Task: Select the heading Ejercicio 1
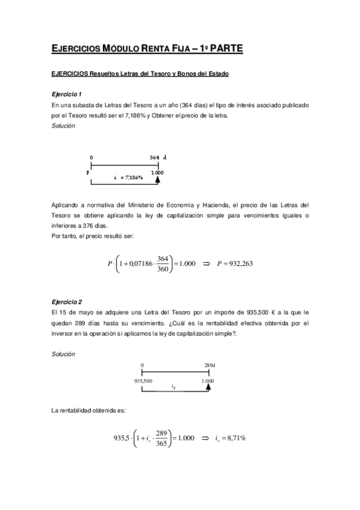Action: tap(66, 94)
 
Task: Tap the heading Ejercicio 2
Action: tap(66, 301)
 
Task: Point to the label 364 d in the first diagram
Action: tap(158, 158)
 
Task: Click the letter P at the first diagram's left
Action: tap(88, 172)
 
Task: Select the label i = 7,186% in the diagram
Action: tap(128, 178)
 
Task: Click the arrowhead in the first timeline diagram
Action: tap(157, 178)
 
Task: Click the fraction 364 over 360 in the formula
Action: tap(161, 263)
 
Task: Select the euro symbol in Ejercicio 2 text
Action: tap(272, 312)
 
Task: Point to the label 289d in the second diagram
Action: tap(210, 365)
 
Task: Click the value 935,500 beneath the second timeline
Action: tap(142, 381)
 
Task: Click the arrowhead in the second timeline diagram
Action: tap(208, 388)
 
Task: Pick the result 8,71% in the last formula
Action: tap(236, 438)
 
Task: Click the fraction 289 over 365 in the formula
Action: tap(160, 438)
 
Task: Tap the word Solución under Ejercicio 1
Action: tap(63, 125)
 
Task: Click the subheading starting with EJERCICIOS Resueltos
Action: tap(140, 74)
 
